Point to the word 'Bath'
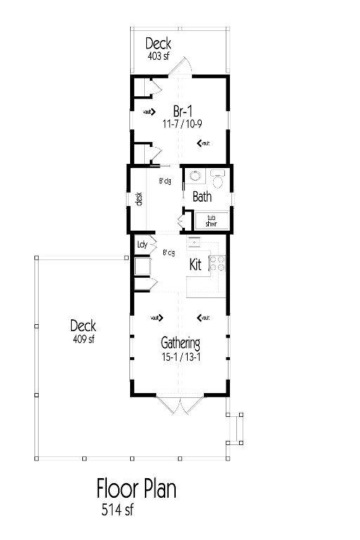click(x=202, y=198)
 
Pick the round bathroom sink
click(x=194, y=176)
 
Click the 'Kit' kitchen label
click(x=196, y=266)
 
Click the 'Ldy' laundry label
click(x=142, y=245)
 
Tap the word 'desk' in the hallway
click(x=139, y=199)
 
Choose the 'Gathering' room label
click(x=181, y=344)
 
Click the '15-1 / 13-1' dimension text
click(x=181, y=356)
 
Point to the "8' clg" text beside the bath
click(x=165, y=181)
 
